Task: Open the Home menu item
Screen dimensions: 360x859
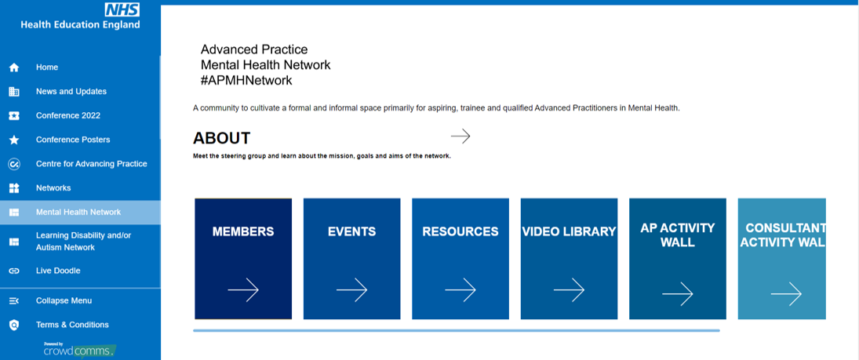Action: point(47,67)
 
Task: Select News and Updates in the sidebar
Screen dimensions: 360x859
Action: point(71,92)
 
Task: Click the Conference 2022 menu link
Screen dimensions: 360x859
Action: point(67,116)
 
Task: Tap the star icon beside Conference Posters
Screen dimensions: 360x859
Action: point(14,140)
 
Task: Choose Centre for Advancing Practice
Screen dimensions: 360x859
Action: point(91,164)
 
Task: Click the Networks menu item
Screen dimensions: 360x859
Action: point(53,188)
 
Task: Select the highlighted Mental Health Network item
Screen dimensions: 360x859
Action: point(78,213)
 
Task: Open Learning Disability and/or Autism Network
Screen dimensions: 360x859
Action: point(83,242)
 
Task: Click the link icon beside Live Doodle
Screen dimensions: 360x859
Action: point(14,271)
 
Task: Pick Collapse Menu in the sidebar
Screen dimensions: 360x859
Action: point(64,300)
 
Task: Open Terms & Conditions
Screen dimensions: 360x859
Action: point(72,325)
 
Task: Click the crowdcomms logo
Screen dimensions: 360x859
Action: point(78,350)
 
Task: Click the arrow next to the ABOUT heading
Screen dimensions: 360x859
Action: point(460,136)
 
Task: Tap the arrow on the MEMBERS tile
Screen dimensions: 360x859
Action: point(243,290)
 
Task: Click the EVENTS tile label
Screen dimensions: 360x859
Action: point(351,231)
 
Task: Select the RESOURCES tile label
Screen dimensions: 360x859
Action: point(460,231)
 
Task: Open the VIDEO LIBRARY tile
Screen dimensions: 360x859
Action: point(569,231)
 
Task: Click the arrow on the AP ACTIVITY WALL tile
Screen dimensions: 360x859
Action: point(677,294)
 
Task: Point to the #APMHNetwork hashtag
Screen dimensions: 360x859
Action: point(246,80)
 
